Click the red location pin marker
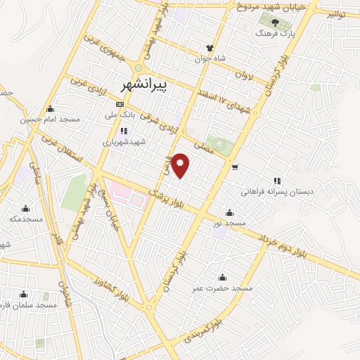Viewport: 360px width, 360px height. pos(181,165)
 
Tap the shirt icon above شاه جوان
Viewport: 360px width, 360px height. pos(210,47)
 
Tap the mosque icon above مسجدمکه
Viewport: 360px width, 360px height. pos(27,208)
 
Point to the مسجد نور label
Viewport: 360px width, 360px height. pos(231,223)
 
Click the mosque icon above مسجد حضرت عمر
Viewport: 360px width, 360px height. pos(223,277)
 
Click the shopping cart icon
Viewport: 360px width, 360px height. pos(234,167)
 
